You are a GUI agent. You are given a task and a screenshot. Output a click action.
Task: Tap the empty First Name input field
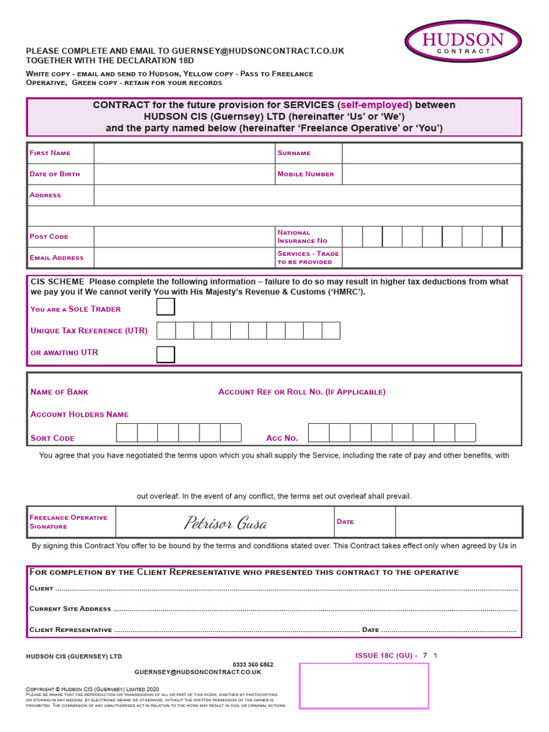tap(184, 153)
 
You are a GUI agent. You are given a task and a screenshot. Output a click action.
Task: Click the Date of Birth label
tap(55, 174)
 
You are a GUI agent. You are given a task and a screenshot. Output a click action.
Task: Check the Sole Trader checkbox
tap(165, 307)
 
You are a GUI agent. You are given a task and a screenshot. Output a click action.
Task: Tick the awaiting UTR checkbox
tap(165, 354)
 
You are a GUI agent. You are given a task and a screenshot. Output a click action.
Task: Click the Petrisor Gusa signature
tap(225, 523)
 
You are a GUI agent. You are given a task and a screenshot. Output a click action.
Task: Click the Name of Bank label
tap(59, 392)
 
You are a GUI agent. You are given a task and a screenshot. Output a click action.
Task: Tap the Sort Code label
tap(52, 438)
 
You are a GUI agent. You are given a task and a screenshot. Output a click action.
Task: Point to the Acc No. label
tap(282, 438)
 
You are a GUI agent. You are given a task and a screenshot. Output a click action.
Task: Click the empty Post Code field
tap(184, 237)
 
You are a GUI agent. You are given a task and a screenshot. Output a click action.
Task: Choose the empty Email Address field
tap(184, 257)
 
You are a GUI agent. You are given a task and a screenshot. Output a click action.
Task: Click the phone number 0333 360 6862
tap(252, 664)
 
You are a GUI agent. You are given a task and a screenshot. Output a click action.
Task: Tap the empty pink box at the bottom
tap(363, 686)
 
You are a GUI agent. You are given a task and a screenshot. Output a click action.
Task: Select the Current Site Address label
tap(70, 609)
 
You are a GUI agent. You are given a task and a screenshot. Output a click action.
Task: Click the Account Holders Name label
tap(79, 414)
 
